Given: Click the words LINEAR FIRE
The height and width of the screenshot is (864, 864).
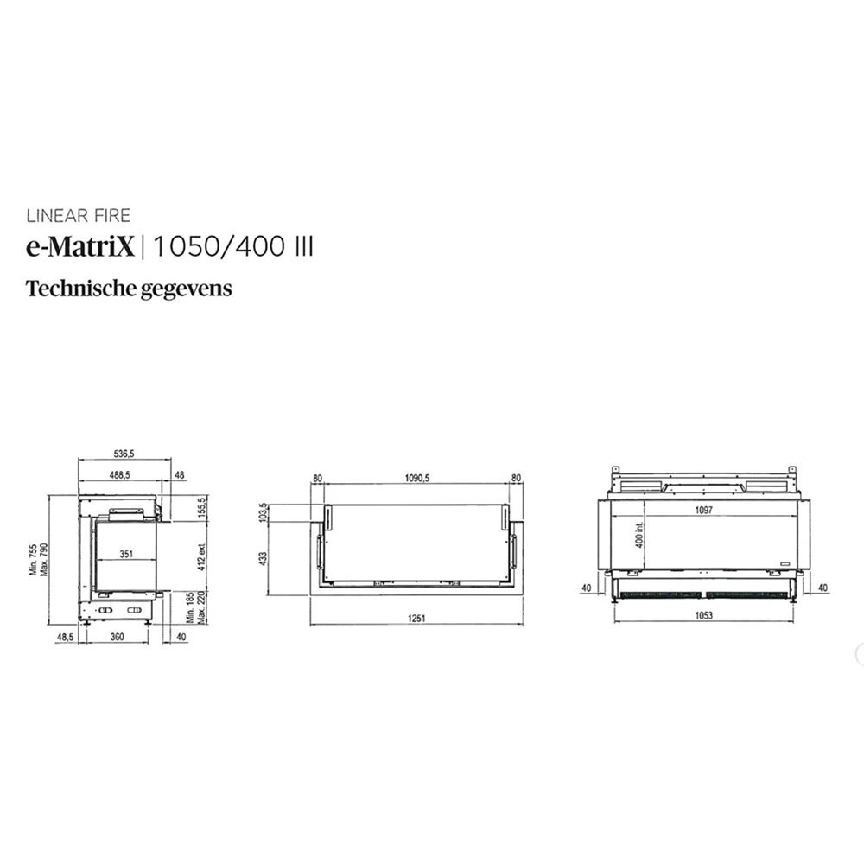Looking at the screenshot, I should [78, 216].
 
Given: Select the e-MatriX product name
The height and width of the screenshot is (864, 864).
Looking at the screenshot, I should [80, 248].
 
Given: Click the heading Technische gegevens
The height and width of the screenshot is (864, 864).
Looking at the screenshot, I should [130, 288].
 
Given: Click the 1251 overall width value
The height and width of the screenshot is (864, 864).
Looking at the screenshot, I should [417, 619].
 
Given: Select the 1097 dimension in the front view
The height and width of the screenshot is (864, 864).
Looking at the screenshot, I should [702, 511].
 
